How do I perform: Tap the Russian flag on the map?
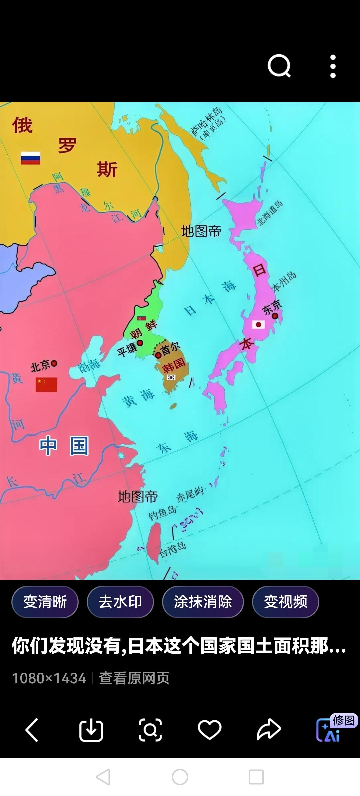point(30,158)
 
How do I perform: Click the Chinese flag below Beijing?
point(46,384)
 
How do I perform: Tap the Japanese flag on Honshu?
point(258,324)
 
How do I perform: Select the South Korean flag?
point(171,377)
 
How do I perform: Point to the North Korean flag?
point(141,318)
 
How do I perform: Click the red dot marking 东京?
point(275,316)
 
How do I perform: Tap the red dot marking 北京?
point(54,363)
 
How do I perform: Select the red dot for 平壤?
point(140,343)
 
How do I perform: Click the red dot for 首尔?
point(158,355)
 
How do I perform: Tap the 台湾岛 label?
point(172,549)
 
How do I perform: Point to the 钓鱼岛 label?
point(162,513)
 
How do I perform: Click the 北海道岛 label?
point(269,213)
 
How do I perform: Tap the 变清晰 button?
point(45,602)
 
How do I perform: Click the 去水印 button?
point(120,602)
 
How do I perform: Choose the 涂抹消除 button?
point(203,602)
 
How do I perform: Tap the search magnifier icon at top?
point(279,66)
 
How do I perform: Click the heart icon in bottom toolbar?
point(209,730)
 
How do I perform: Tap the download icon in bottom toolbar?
point(91,730)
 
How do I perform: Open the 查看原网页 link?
point(134,678)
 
